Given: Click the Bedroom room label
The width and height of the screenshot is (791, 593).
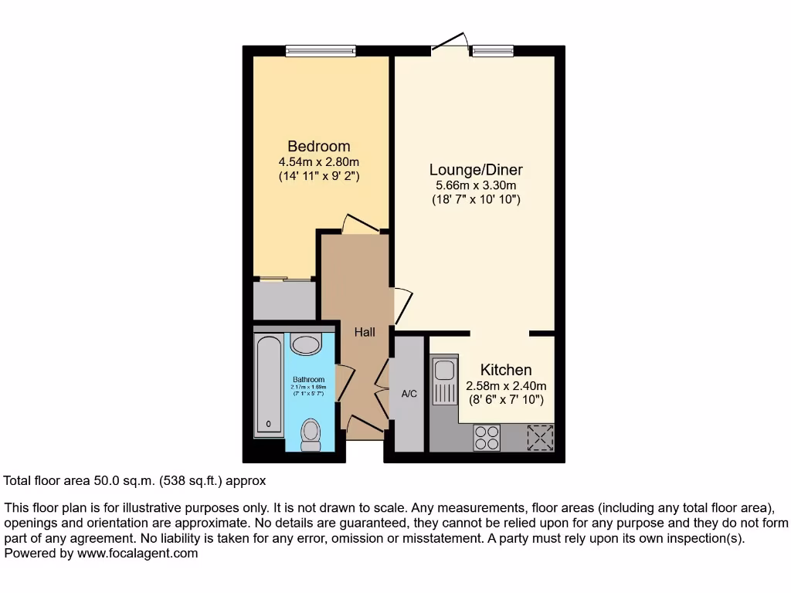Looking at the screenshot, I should [x=318, y=146].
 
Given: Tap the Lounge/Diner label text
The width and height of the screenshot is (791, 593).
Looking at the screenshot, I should [x=476, y=170].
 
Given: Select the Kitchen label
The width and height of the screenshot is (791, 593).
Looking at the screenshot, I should [x=506, y=370].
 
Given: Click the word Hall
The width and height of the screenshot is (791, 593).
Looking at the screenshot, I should [x=365, y=332].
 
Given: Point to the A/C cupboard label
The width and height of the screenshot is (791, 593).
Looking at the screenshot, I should [x=409, y=394].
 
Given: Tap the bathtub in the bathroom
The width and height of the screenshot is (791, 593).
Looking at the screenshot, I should [x=269, y=385].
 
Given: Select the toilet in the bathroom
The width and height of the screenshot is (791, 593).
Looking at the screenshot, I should [x=311, y=435].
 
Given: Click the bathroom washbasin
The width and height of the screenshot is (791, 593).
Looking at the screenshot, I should [x=307, y=344].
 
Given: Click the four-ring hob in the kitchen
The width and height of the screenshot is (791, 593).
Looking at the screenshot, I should [x=487, y=438].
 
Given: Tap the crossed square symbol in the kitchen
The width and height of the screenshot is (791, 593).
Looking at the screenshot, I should [x=540, y=437].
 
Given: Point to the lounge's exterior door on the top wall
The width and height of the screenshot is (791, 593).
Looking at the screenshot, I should [x=451, y=45].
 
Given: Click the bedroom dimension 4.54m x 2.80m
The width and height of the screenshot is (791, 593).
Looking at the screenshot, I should [x=318, y=162].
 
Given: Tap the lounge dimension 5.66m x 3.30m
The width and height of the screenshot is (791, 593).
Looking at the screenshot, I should [x=476, y=185].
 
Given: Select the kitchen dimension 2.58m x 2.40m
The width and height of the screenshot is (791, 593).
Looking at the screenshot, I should [x=506, y=386].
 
